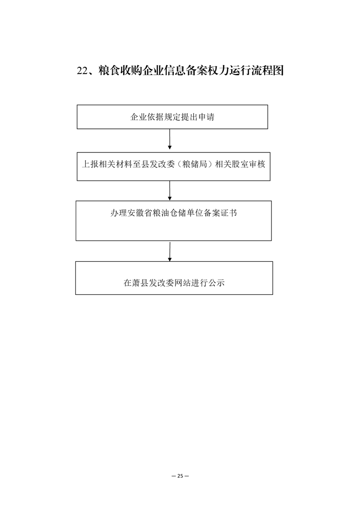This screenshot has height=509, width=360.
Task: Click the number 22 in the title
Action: click(82, 71)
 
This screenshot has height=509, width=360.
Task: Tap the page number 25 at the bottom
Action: click(180, 476)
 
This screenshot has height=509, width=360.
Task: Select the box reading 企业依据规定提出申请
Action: click(172, 117)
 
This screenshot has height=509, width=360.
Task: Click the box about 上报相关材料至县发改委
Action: click(173, 166)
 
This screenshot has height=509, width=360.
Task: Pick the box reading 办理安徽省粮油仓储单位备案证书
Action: click(173, 221)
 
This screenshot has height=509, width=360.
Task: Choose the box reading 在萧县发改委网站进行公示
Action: click(174, 278)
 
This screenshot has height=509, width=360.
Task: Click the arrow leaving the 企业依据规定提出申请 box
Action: click(170, 139)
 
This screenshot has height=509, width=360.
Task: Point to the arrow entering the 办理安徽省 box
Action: click(170, 191)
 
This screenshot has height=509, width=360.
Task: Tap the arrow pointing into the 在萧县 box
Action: click(170, 251)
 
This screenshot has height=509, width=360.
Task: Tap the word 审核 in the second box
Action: click(257, 164)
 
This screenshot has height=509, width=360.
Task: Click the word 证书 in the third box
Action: click(229, 213)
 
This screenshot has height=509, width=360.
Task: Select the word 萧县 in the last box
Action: click(140, 283)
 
